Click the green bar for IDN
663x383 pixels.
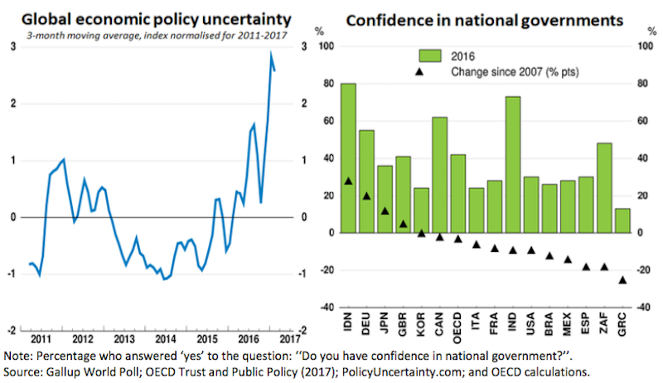tap(348, 158)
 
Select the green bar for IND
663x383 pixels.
tap(513, 164)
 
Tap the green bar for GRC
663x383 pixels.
tap(622, 221)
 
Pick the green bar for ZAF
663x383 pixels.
tap(604, 187)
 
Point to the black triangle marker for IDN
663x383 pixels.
tap(348, 181)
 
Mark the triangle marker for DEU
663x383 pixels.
tap(366, 196)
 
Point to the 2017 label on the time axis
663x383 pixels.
tap(288, 338)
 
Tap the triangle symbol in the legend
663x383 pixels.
tap(420, 72)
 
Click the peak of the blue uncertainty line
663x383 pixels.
tap(271, 53)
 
